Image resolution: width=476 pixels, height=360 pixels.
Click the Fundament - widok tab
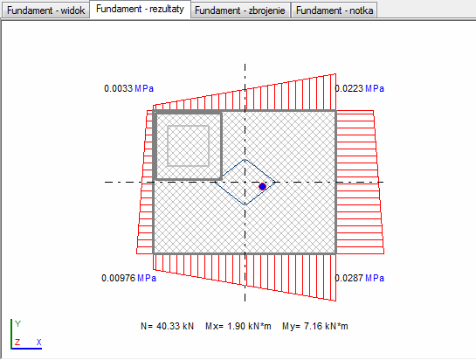(x=45, y=10)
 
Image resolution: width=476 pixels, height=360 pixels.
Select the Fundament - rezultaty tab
(x=140, y=9)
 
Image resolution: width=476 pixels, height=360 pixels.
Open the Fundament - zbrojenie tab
(x=240, y=10)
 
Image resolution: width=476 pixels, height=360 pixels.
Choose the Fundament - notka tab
(x=335, y=10)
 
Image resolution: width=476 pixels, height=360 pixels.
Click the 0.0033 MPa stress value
(x=128, y=88)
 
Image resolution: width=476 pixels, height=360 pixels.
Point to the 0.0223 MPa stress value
(x=360, y=88)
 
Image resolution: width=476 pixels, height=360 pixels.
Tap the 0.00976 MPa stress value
(x=128, y=278)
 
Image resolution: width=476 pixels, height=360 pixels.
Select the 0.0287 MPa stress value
(x=360, y=278)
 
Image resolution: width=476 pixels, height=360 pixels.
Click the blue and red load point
(x=262, y=186)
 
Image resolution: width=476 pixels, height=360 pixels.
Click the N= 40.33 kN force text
(x=167, y=326)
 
